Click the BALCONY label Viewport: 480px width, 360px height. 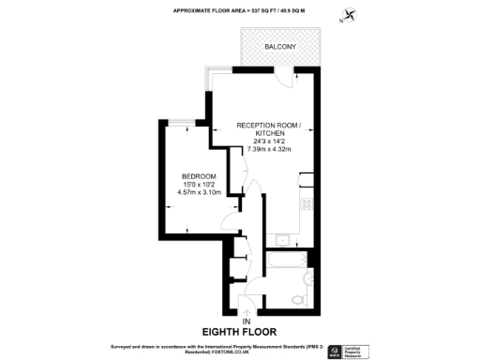(279, 46)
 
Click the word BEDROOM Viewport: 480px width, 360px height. (199, 177)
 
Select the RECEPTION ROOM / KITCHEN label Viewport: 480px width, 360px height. (269, 128)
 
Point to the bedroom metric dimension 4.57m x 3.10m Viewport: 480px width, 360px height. (199, 193)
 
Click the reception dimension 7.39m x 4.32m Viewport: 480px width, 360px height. (269, 149)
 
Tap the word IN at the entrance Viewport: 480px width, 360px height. (247, 323)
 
